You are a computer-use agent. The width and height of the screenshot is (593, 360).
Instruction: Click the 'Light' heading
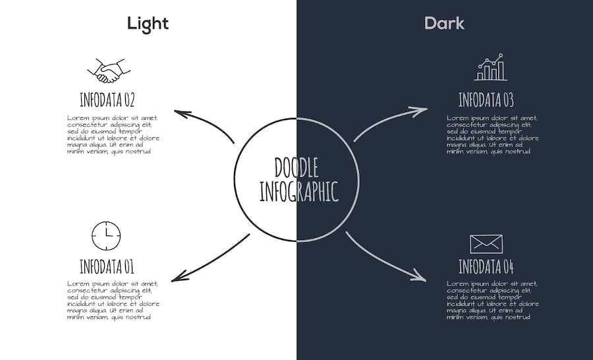148,24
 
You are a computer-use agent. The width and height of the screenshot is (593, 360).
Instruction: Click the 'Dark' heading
444,24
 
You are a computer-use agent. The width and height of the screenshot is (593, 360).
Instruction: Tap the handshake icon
109,71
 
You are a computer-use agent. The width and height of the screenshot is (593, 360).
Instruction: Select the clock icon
106,236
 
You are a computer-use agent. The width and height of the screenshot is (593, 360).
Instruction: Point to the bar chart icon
490,67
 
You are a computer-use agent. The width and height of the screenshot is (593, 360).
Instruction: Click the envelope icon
486,244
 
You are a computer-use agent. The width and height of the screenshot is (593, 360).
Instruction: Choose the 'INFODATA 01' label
107,266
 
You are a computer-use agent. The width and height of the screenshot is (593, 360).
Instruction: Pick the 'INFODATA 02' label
107,100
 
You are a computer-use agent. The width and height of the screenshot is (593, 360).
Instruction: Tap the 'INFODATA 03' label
486,100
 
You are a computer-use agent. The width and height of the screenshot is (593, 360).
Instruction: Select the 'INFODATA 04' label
486,266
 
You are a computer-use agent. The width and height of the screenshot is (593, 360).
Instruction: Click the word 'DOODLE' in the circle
296,167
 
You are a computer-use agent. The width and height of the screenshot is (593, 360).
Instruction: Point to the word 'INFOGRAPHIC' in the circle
298,192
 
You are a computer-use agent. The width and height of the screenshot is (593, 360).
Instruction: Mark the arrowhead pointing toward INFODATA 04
418,275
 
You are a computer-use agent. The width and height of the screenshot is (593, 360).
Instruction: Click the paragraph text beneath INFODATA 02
113,135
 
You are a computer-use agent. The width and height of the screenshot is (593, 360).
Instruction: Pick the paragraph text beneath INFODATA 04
492,301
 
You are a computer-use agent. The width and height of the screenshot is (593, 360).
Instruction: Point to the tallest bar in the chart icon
501,71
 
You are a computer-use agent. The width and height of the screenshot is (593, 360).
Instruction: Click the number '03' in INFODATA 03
508,100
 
